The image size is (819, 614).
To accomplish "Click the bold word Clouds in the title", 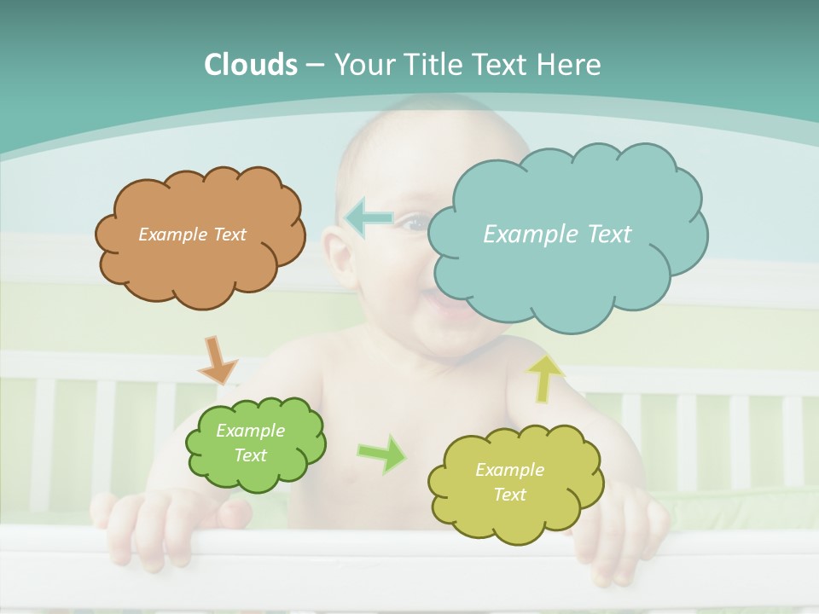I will tap(250, 65).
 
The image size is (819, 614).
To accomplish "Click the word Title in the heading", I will tap(432, 65).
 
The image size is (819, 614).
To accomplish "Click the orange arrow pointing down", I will tap(217, 361).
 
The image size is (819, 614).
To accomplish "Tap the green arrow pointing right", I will tap(383, 453).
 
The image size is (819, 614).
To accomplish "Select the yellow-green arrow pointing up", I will tap(545, 379).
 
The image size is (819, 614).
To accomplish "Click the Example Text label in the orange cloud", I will tap(192, 235).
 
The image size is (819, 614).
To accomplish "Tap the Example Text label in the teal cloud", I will tap(557, 235).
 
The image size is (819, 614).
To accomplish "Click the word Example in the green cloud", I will tap(250, 431).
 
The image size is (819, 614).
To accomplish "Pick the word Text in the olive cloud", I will tap(509, 495).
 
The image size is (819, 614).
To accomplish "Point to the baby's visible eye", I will tap(415, 223).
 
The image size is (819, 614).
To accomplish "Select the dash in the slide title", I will tap(314, 65).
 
